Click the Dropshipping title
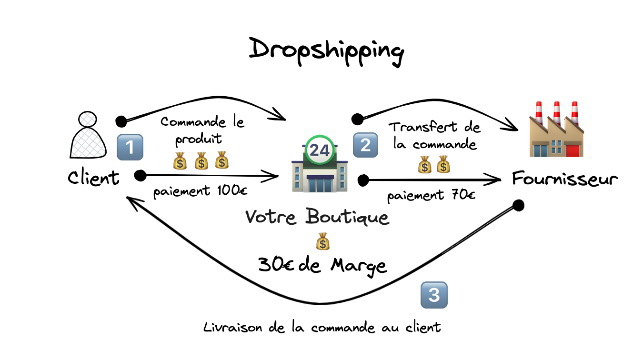tap(326, 50)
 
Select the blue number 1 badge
tap(130, 147)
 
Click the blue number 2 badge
tap(365, 145)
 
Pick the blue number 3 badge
tap(434, 295)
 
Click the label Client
tap(93, 178)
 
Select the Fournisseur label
tap(565, 179)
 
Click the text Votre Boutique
tap(317, 218)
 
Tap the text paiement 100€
tap(200, 192)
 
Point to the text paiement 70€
tap(431, 195)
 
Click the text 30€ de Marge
tap(322, 265)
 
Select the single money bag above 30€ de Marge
tap(322, 242)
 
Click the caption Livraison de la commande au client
tap(321, 328)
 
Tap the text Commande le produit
tap(202, 130)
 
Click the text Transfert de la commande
tap(434, 135)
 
